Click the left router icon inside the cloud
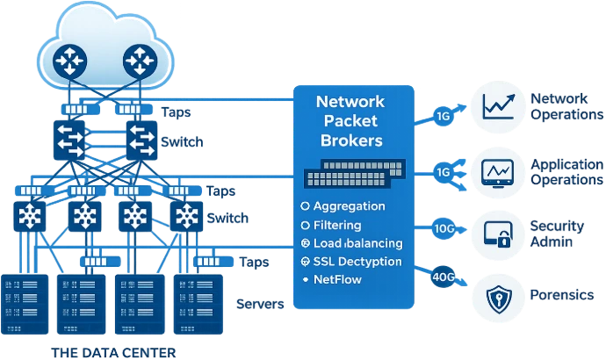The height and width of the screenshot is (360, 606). point(68,60)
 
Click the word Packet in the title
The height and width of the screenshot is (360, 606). point(350,121)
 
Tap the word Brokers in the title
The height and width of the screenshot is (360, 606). point(350,140)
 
